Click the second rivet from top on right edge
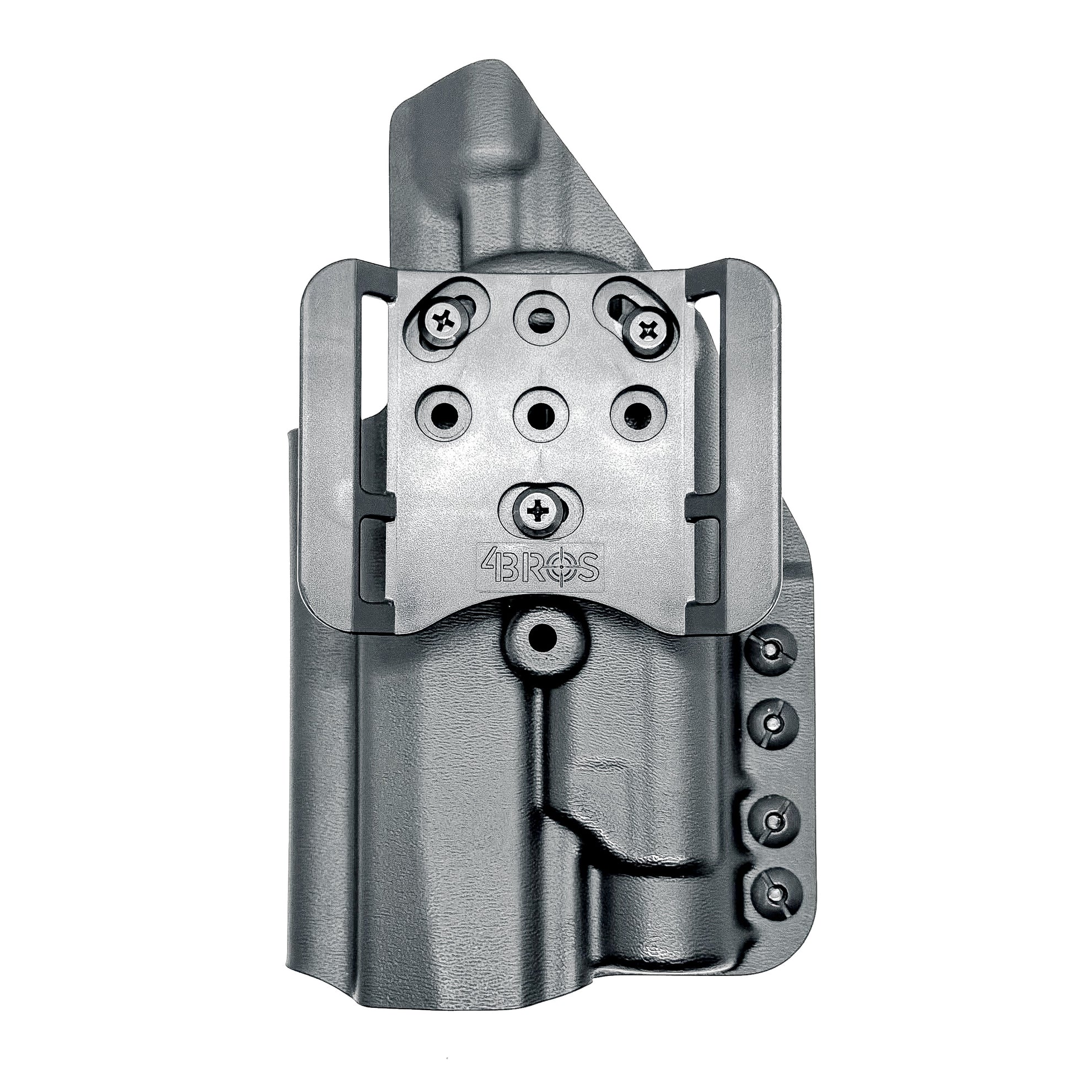[x=774, y=722]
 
